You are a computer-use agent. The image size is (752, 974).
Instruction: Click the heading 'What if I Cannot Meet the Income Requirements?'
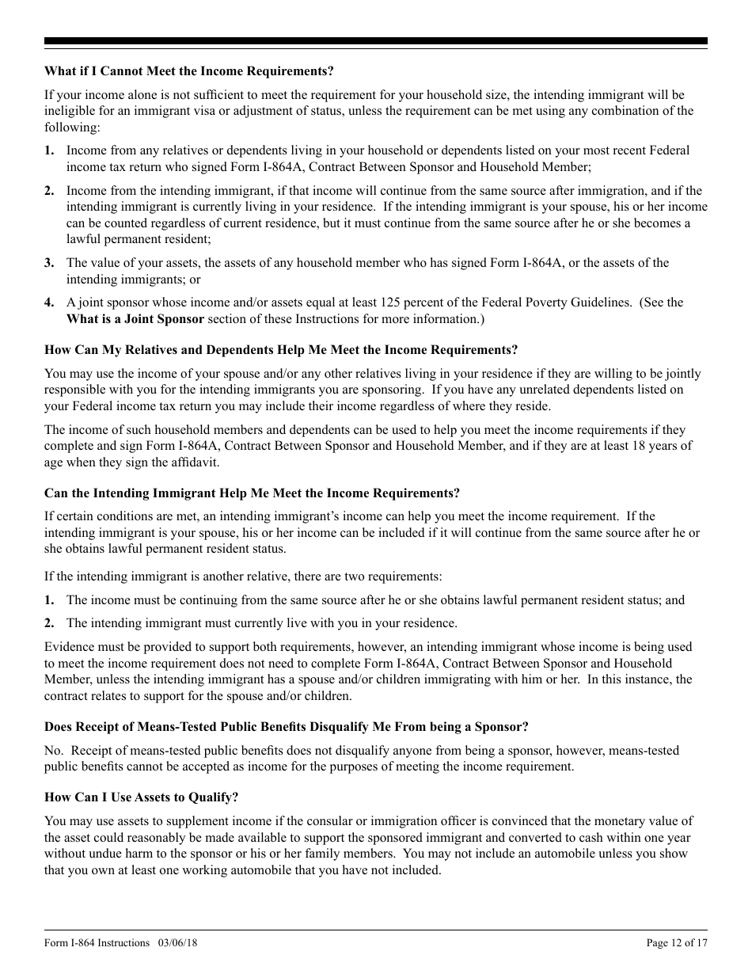tap(189, 71)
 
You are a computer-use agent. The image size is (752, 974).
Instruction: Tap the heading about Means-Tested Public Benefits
tap(286, 726)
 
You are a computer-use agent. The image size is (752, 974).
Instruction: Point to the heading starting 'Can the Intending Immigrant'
tap(252, 493)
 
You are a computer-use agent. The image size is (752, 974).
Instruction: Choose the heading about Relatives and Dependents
tap(281, 349)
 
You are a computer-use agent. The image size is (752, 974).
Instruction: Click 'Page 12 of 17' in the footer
tap(676, 942)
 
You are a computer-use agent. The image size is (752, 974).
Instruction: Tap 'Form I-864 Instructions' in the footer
tap(97, 942)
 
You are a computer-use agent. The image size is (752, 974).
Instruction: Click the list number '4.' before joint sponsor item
tap(50, 302)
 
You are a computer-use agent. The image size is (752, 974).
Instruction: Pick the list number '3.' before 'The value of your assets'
tap(50, 262)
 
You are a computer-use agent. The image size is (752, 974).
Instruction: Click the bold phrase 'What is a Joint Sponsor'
tap(135, 318)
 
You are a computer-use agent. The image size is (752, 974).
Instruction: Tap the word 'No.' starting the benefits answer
tap(54, 750)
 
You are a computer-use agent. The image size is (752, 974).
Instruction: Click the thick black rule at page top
tap(376, 41)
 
